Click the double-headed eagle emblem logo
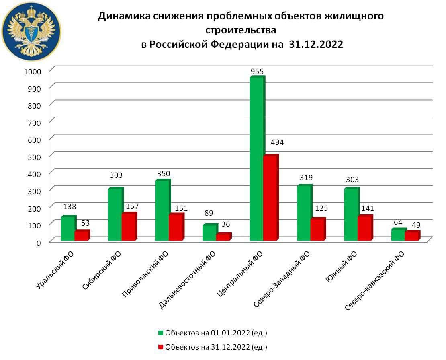point(31,31)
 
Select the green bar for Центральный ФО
point(256,159)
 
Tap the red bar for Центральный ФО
point(270,198)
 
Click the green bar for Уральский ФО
point(68,228)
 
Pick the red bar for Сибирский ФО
point(129,227)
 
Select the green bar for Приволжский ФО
point(162,210)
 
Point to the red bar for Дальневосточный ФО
point(223,237)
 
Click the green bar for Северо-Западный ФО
point(303,213)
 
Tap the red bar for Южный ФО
point(364,228)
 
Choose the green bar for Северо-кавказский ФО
point(398,235)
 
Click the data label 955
point(257,72)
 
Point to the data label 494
point(277,142)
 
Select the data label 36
point(225,224)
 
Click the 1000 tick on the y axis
point(33,71)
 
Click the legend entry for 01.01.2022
point(213,333)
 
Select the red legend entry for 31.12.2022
point(213,347)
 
